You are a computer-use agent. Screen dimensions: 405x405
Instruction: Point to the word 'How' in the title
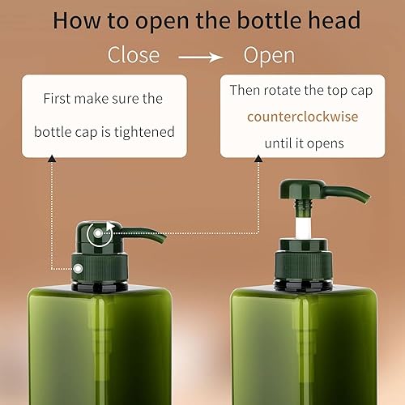click(x=77, y=20)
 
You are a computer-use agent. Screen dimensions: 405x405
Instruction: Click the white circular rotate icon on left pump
click(x=100, y=234)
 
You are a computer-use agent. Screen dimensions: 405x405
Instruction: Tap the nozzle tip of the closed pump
click(x=163, y=237)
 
